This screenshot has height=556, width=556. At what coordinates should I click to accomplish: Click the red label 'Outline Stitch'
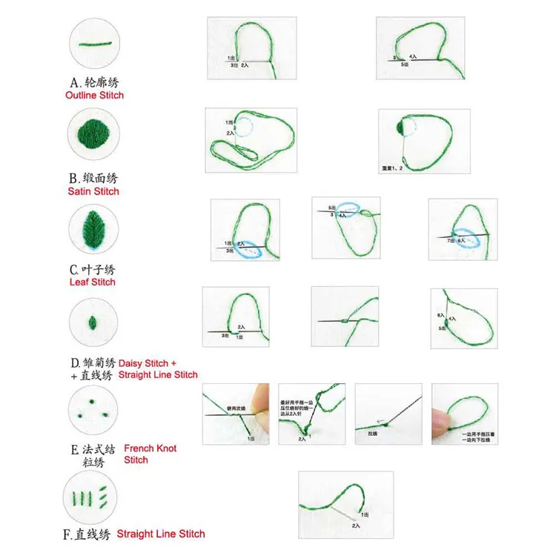coord(94,96)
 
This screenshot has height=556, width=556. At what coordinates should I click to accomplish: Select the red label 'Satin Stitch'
coord(93,191)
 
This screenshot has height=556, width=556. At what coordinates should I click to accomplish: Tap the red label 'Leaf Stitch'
coord(93,282)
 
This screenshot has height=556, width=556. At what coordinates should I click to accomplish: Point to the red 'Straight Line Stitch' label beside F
coord(160,534)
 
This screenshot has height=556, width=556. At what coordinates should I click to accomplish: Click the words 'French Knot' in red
coord(150,449)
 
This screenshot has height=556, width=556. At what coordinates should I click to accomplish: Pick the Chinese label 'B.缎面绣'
coord(93,179)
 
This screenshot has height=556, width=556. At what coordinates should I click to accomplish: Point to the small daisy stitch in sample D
coord(93,322)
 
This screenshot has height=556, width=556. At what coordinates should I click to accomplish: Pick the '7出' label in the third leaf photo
coord(449,241)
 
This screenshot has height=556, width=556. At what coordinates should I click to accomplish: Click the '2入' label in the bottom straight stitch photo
coord(356,526)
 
